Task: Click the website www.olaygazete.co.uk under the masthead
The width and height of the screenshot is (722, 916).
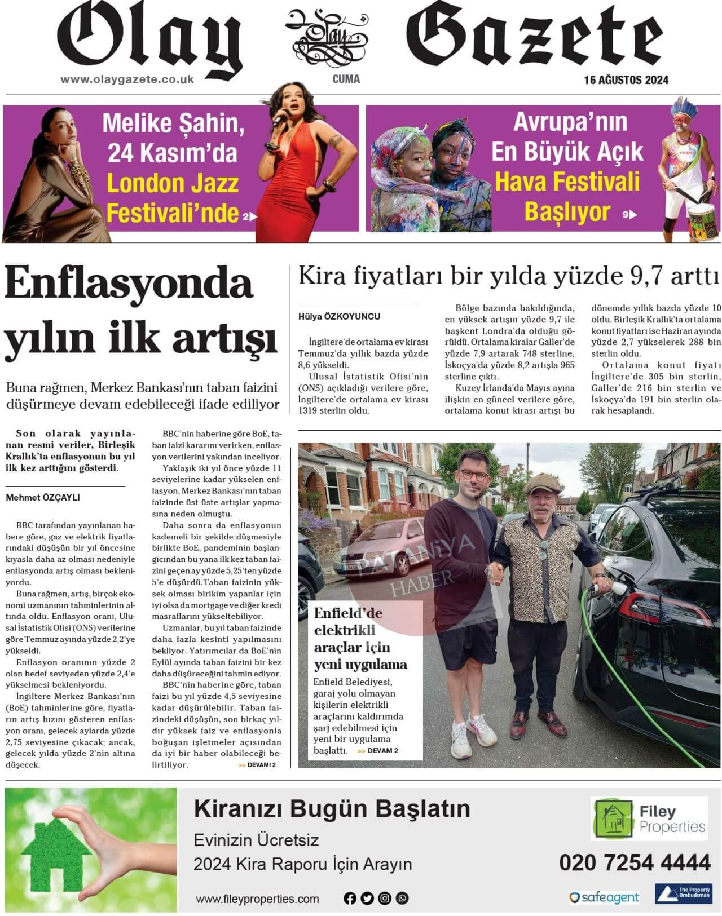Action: (x=127, y=79)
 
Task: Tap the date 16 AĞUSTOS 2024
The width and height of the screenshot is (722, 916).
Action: (x=626, y=80)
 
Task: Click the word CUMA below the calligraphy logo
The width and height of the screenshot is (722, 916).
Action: (x=346, y=79)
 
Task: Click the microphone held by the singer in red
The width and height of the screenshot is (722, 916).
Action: (x=279, y=117)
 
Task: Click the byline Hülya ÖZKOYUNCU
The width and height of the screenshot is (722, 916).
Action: (x=339, y=316)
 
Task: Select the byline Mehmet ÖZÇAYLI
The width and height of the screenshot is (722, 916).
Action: (x=43, y=497)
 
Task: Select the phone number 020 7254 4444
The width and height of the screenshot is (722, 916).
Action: (x=635, y=862)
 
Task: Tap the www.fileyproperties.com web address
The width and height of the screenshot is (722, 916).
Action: (x=257, y=899)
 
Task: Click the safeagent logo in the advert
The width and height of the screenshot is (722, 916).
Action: (x=604, y=897)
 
